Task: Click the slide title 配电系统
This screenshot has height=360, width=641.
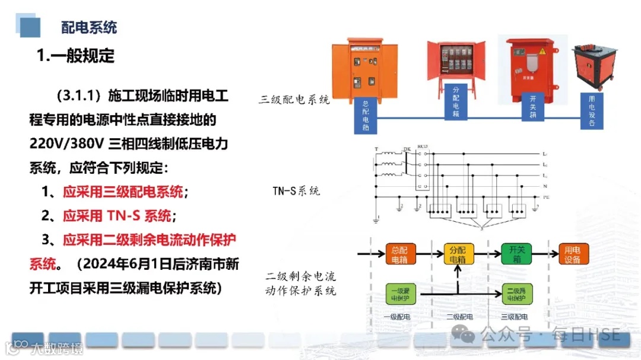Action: coord(89,27)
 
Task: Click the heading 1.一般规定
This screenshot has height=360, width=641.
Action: coord(75,56)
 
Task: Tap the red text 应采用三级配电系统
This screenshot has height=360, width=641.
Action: coord(123,192)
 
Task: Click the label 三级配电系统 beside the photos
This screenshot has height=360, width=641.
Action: coord(294,100)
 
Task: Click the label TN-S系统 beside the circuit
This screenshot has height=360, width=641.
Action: coord(296,191)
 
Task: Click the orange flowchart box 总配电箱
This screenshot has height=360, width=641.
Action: coord(399,254)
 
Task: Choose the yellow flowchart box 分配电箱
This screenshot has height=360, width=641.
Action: coord(457,254)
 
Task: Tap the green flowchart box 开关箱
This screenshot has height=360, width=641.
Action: coord(515,254)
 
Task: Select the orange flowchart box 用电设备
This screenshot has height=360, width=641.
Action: coord(572,254)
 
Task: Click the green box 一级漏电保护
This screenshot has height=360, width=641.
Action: coord(399,293)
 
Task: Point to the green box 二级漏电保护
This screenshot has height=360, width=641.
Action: coord(515,293)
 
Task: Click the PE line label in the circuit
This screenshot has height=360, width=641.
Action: coord(545,197)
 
